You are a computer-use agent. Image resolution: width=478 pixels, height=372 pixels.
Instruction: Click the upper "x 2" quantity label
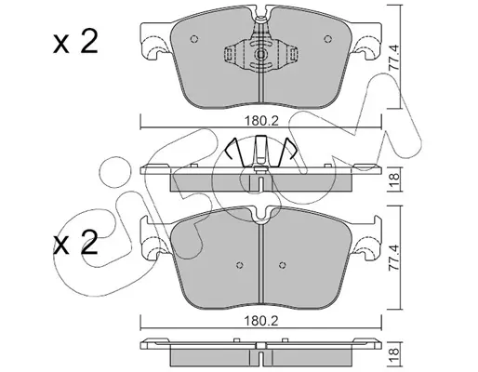(x=75, y=42)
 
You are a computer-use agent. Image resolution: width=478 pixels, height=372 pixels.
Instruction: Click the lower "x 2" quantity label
(x=75, y=243)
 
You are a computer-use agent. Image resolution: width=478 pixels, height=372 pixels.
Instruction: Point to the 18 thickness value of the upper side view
(x=394, y=179)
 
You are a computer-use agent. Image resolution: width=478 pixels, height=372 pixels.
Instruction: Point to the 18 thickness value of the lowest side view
(x=394, y=355)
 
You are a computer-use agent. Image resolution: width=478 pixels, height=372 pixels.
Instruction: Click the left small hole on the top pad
(x=194, y=39)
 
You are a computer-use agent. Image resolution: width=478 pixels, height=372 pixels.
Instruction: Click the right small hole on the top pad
(x=327, y=39)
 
